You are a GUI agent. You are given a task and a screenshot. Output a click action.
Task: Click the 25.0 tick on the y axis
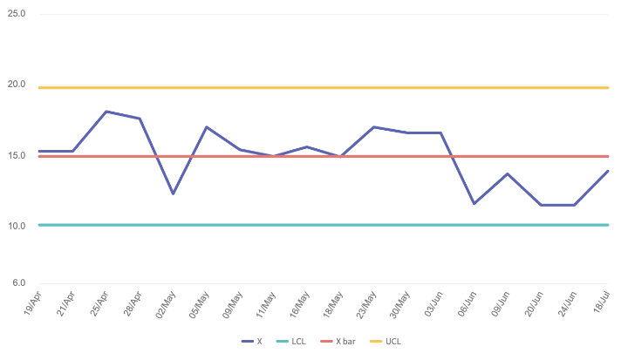(x=17, y=15)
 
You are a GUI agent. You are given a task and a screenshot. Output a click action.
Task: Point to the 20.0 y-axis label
(x=17, y=85)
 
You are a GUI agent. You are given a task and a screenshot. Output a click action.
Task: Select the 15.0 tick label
(x=17, y=156)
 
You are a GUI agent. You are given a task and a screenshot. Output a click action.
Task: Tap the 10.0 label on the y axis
(x=17, y=226)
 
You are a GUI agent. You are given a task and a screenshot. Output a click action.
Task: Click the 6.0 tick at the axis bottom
(x=19, y=282)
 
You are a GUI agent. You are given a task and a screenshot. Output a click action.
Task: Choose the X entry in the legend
(x=252, y=342)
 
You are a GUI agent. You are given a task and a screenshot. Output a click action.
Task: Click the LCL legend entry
(x=292, y=342)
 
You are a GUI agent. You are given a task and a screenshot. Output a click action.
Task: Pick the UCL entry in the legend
(x=389, y=342)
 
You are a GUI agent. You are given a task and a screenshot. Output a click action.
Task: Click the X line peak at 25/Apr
(x=106, y=112)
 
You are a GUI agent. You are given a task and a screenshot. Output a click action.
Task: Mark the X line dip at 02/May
(x=173, y=194)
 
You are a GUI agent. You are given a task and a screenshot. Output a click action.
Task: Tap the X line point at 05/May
(x=207, y=127)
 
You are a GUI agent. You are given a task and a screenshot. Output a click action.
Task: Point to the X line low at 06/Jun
(x=474, y=203)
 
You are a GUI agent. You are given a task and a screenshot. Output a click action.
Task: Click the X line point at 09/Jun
(x=508, y=173)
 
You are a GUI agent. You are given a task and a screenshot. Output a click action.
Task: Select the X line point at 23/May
(x=373, y=127)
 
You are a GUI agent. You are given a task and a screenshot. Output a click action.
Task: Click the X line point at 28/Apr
(x=140, y=119)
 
